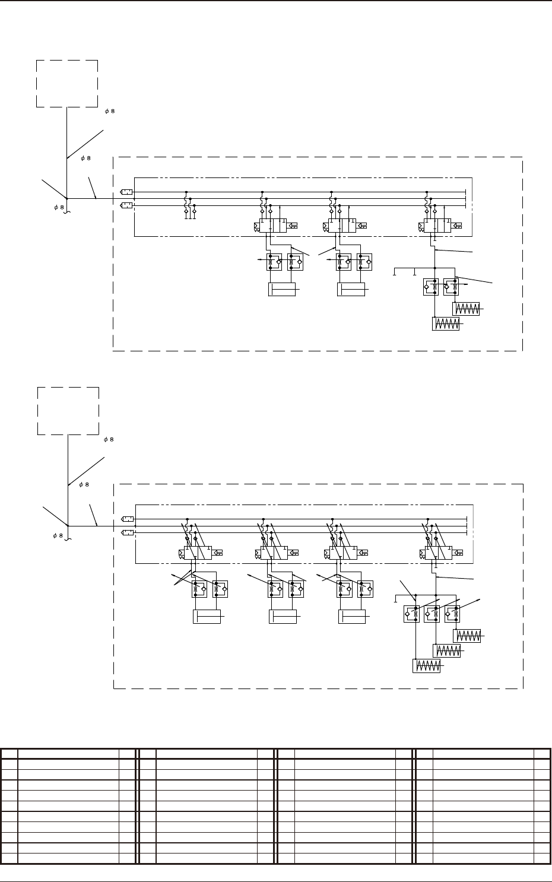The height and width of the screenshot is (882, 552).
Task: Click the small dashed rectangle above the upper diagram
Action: (67, 83)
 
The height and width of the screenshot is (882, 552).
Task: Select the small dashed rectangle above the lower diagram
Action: (68, 411)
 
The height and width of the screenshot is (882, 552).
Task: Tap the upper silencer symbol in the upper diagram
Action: (126, 192)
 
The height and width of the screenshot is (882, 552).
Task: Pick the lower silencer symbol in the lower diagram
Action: (126, 532)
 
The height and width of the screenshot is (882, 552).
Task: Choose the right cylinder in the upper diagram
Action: (351, 290)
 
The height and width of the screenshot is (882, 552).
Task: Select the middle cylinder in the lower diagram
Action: (282, 617)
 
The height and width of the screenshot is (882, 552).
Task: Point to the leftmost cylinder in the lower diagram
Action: (207, 617)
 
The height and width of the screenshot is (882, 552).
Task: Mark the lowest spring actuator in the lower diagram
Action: (427, 666)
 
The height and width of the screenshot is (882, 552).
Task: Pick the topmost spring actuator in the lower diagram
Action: (467, 636)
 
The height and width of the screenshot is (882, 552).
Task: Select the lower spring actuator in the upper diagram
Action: (446, 324)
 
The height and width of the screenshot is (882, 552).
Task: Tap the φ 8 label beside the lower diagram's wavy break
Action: (57, 536)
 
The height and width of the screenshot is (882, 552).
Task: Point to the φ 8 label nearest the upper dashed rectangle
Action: (109, 112)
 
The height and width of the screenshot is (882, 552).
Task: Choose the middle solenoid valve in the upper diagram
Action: (342, 226)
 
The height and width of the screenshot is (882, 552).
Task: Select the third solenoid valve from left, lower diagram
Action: (342, 553)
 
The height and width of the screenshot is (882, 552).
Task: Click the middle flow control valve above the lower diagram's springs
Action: (432, 614)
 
